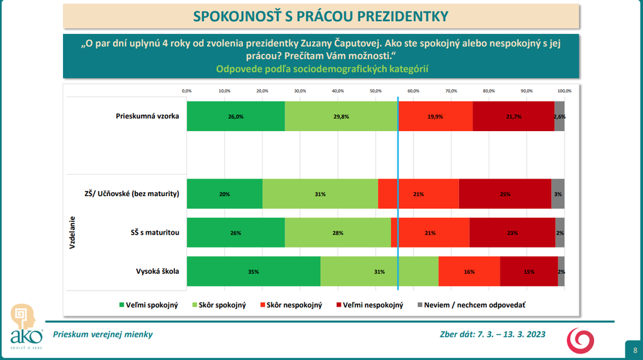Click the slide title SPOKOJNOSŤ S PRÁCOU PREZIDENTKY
click(321, 15)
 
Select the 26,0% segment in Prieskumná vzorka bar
click(235, 116)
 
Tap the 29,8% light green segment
click(341, 116)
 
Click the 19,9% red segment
click(435, 116)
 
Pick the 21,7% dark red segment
click(513, 116)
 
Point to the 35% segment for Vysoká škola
click(253, 271)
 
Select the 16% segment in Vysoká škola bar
click(469, 271)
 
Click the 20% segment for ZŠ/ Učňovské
click(224, 194)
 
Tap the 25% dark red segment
click(505, 194)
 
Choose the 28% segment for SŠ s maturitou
click(338, 233)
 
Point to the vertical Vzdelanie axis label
click(73, 232)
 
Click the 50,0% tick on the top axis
click(376, 91)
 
